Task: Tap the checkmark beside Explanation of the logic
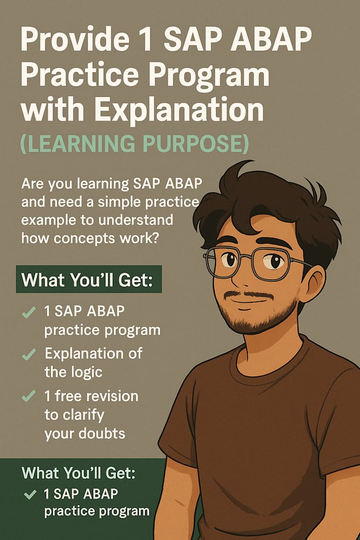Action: coord(29,354)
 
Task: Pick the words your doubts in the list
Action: coord(85,434)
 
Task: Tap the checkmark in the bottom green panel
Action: coord(30,496)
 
